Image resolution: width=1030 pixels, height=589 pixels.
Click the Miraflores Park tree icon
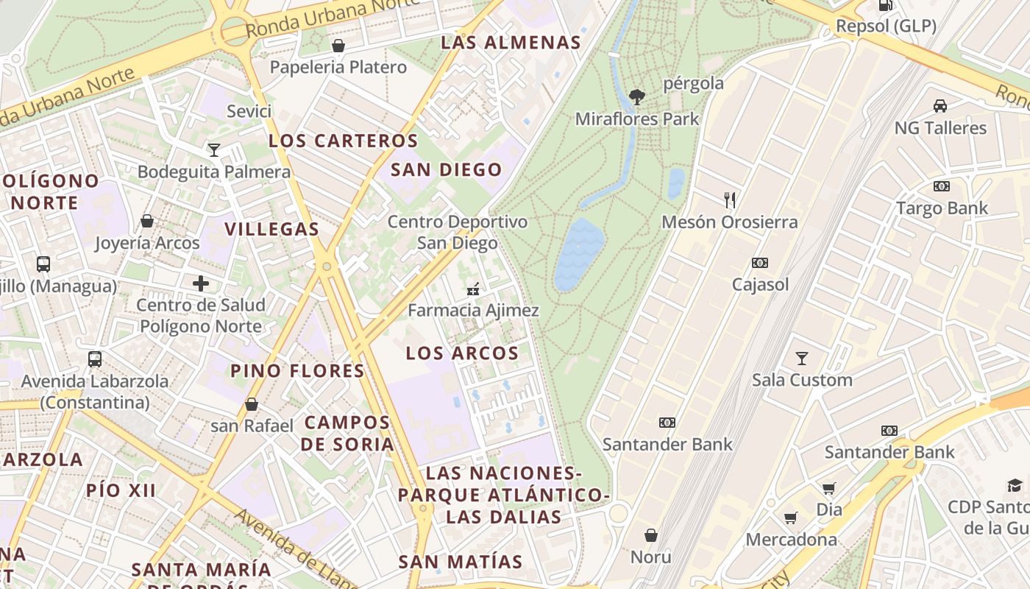(x=637, y=96)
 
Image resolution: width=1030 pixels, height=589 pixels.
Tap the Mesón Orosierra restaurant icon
(x=730, y=200)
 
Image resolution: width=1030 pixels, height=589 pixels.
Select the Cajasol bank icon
(x=760, y=263)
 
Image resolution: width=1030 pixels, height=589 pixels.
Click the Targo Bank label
(x=942, y=208)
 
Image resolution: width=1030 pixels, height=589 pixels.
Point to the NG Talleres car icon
(x=940, y=106)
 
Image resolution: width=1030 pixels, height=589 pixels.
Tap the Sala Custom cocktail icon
(x=802, y=359)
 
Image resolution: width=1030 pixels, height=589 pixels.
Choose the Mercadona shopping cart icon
(x=791, y=518)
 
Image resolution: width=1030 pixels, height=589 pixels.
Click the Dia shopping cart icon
(x=829, y=488)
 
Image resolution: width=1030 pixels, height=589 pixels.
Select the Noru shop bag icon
(x=650, y=535)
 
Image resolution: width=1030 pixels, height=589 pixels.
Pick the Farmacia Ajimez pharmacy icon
(x=473, y=289)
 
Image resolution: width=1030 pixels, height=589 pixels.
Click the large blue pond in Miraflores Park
(x=578, y=254)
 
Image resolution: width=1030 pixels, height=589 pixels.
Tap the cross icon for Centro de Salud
(x=200, y=283)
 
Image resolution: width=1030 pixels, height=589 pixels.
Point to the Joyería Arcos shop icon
(x=147, y=221)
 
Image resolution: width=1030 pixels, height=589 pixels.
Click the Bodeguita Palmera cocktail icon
(x=213, y=150)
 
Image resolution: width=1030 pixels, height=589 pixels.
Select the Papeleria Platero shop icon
(x=338, y=46)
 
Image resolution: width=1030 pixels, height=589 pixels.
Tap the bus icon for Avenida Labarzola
(x=94, y=359)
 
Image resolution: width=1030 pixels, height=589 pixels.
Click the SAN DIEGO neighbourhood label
(x=446, y=170)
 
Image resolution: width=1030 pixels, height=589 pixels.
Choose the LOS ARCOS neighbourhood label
(x=462, y=353)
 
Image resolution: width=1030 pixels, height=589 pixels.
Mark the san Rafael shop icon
(x=252, y=404)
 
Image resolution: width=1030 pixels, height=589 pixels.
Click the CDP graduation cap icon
(x=1015, y=485)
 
